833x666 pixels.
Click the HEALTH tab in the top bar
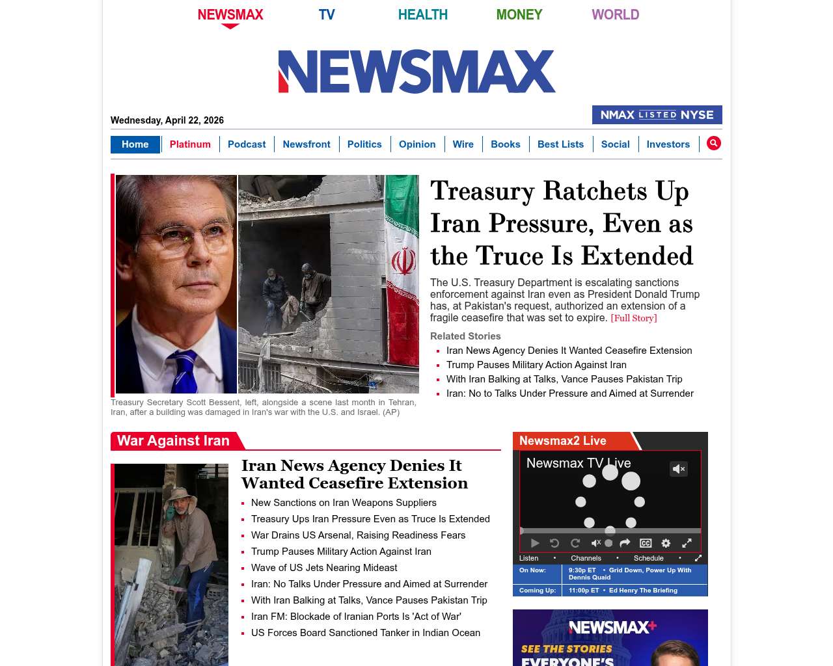[422, 14]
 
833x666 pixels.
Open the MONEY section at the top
[519, 14]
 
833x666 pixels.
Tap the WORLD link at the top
[615, 14]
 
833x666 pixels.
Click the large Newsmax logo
[416, 72]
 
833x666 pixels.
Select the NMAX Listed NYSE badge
[657, 114]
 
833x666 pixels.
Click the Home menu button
[135, 144]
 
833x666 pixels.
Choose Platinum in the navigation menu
[190, 144]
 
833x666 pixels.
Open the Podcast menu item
[247, 144]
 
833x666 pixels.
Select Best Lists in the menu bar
[560, 144]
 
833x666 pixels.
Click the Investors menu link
[668, 144]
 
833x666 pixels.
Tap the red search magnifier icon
[714, 143]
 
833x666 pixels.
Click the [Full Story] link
[634, 318]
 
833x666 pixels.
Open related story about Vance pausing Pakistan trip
[564, 379]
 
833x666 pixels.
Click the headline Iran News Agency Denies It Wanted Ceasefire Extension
[354, 474]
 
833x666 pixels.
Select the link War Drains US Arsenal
[358, 535]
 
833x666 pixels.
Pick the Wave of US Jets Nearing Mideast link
[324, 568]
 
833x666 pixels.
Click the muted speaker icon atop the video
[679, 469]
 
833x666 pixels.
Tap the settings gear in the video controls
[666, 543]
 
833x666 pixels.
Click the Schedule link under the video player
[648, 558]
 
